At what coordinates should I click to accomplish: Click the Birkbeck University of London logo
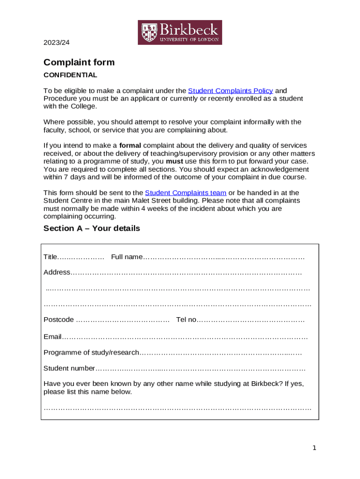point(180,33)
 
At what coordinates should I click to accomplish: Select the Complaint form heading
point(79,63)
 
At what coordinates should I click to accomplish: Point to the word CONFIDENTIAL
point(70,75)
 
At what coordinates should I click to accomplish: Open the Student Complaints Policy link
point(230,91)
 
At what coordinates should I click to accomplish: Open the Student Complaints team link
point(186,193)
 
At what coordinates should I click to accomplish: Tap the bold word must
point(174,161)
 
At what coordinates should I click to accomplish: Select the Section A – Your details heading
point(92,228)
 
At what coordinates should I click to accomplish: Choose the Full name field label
point(127,257)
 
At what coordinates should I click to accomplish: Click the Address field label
point(57,272)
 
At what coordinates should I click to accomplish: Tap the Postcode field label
point(58,319)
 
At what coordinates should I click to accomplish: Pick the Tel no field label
point(186,319)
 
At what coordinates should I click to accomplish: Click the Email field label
point(52,337)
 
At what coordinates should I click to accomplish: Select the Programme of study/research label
point(91,352)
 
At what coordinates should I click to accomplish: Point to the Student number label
point(69,368)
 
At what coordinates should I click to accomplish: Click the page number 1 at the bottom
point(315,448)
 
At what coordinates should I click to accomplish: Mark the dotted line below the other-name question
point(177,408)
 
